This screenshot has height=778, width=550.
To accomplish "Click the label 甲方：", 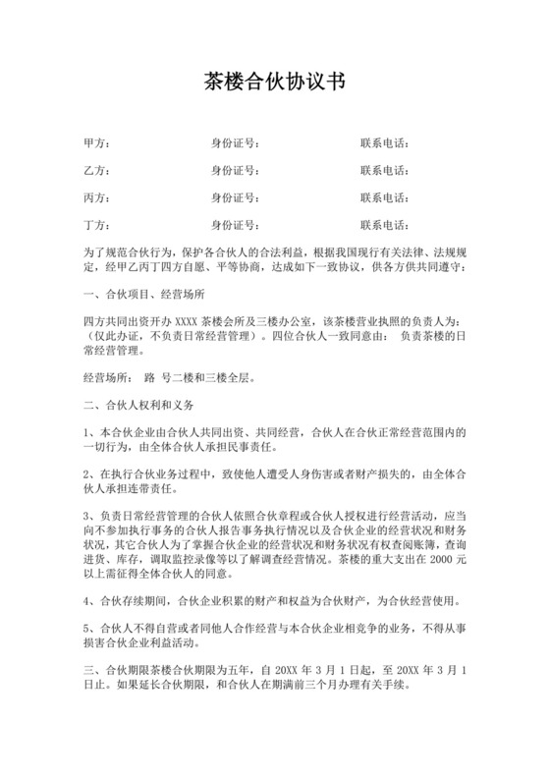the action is pyautogui.click(x=97, y=144).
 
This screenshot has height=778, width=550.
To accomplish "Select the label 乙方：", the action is pyautogui.click(x=97, y=171).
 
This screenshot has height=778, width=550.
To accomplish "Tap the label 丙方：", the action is pyautogui.click(x=97, y=197).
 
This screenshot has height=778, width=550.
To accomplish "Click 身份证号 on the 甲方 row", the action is pyautogui.click(x=236, y=144).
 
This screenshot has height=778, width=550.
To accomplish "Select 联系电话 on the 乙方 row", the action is pyautogui.click(x=385, y=171).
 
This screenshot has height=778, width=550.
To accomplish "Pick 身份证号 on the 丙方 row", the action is pyautogui.click(x=236, y=197).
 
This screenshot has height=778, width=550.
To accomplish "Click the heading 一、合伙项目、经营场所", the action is pyautogui.click(x=144, y=294).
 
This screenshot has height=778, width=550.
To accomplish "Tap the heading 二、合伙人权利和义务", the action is pyautogui.click(x=138, y=404).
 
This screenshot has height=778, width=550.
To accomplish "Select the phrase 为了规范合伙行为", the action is pyautogui.click(x=133, y=252).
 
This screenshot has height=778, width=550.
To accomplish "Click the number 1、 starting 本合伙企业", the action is pyautogui.click(x=90, y=431).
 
